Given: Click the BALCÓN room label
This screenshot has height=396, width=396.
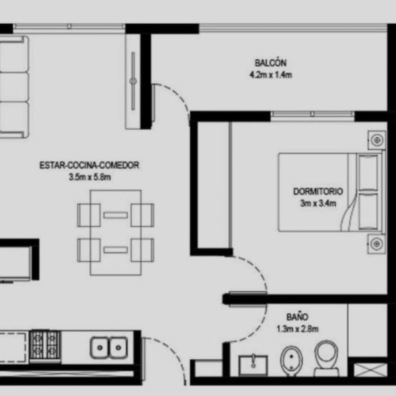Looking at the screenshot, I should tap(270, 63).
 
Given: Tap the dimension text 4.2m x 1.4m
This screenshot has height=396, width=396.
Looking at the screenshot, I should tap(270, 75).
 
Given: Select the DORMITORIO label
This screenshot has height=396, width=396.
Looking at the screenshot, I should tap(318, 191).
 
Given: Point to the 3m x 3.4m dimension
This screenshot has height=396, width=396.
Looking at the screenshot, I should tap(318, 203).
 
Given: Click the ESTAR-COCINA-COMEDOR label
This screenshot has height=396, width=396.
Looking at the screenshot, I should tap(89, 165).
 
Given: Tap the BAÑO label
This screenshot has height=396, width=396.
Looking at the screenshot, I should tap(297, 317).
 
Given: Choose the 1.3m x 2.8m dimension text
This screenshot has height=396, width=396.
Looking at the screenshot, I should tap(297, 329).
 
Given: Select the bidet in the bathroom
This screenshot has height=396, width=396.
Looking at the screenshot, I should tap(290, 360).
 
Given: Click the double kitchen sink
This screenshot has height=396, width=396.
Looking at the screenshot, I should tap(110, 347).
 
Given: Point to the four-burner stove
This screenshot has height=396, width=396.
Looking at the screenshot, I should tap(45, 345).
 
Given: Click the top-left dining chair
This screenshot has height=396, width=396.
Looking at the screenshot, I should tap(88, 214).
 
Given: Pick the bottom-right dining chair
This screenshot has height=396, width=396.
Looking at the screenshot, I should tap(143, 249).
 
